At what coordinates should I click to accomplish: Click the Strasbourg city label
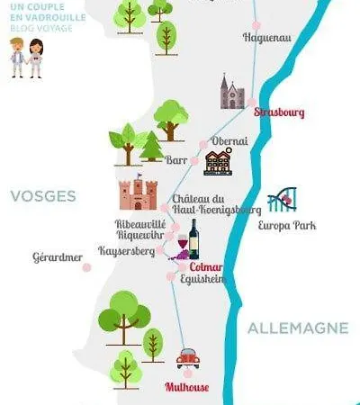[x=279, y=112]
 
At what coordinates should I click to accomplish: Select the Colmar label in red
[x=206, y=266]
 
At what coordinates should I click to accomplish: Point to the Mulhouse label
[x=187, y=387]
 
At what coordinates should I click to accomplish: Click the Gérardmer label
[x=57, y=256]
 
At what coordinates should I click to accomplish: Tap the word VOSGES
[x=43, y=195]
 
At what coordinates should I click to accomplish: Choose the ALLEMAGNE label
[x=298, y=328]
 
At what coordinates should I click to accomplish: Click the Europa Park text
[x=286, y=225]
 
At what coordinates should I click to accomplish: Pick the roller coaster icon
[x=282, y=200]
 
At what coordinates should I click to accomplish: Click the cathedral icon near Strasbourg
[x=232, y=92]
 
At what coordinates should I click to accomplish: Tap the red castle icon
[x=138, y=192]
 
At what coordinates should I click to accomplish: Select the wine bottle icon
[x=193, y=238]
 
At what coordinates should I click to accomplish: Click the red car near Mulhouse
[x=188, y=358]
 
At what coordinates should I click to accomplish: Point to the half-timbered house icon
[x=218, y=163]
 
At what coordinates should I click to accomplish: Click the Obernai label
[x=229, y=141]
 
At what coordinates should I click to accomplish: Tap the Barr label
[x=177, y=159]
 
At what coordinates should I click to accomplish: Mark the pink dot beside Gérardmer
[x=87, y=266]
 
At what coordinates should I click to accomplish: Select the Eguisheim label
[x=203, y=279]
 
